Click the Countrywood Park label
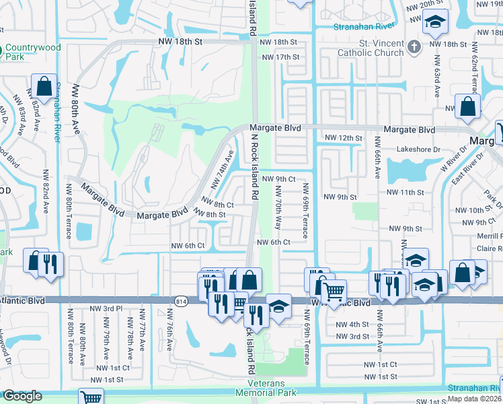coord(36,53)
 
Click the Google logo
coord(22,396)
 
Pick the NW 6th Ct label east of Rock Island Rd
coord(273,242)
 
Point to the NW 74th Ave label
coord(225,172)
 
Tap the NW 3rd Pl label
coord(106,309)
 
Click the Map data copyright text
coord(474,399)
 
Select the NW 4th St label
coord(352,325)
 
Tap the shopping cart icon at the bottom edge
coord(90,397)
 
